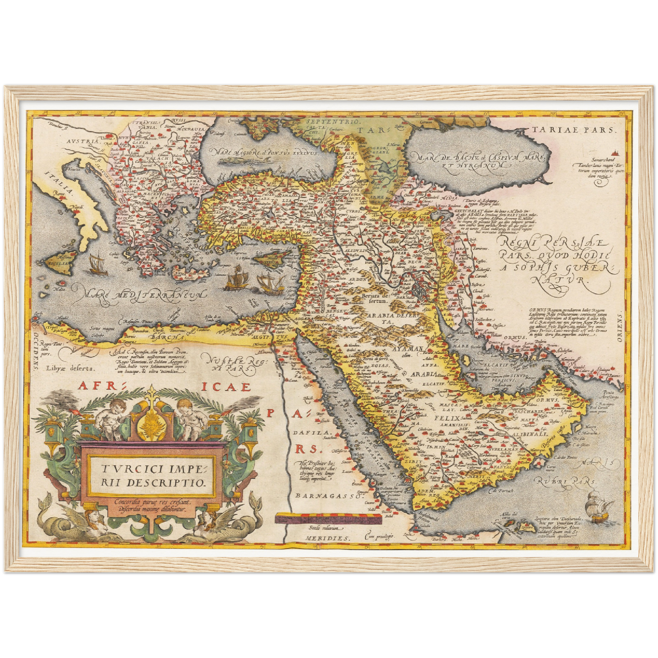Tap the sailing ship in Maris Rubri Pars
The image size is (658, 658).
[597, 505]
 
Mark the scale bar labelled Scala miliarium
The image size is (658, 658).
[327, 519]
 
